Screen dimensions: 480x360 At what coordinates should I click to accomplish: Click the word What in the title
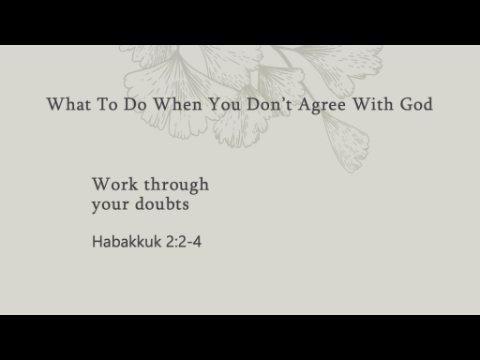pyautogui.click(x=69, y=104)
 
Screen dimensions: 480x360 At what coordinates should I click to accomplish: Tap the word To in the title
pyautogui.click(x=107, y=104)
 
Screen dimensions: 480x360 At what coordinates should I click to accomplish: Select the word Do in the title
pyautogui.click(x=135, y=104)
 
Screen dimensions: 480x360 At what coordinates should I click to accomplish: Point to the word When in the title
pyautogui.click(x=177, y=104)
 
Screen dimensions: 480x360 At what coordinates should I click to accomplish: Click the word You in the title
pyautogui.click(x=224, y=104)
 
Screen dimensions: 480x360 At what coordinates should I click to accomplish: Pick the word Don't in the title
pyautogui.click(x=270, y=104)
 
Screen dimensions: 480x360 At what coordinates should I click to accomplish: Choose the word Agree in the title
pyautogui.click(x=322, y=105)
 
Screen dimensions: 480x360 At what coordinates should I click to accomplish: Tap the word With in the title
pyautogui.click(x=373, y=104)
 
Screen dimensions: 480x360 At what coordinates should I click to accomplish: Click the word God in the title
pyautogui.click(x=416, y=104)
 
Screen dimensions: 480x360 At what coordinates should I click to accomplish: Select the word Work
pyautogui.click(x=115, y=184)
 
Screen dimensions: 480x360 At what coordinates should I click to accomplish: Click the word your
pyautogui.click(x=110, y=205)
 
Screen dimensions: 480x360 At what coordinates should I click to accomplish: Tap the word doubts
pyautogui.click(x=162, y=204)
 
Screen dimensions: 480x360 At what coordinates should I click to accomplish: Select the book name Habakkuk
pyautogui.click(x=126, y=241)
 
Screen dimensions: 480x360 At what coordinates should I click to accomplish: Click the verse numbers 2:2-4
pyautogui.click(x=184, y=242)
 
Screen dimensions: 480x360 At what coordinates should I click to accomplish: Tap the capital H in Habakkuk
pyautogui.click(x=97, y=242)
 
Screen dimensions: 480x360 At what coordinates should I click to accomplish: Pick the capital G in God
pyautogui.click(x=406, y=104)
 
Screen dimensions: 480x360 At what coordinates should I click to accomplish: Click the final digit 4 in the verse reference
pyautogui.click(x=197, y=242)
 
